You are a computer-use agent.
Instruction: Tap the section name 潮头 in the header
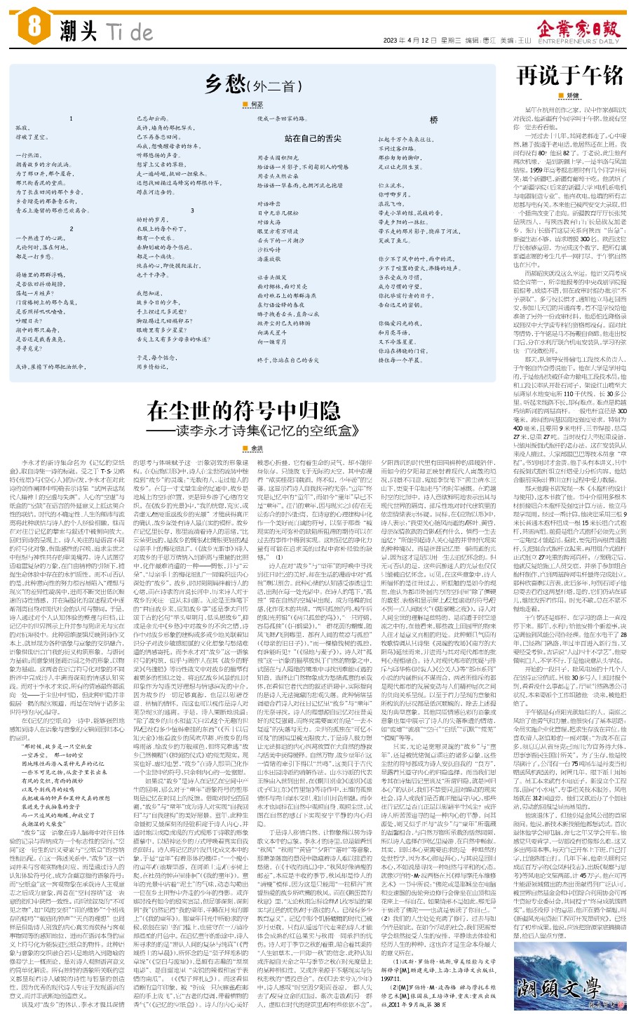tap(78, 31)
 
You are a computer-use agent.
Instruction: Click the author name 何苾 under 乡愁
tap(256, 104)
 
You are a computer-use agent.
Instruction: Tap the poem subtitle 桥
tap(434, 120)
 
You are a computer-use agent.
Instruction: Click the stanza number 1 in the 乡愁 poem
tap(71, 119)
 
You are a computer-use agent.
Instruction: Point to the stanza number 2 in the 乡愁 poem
tap(71, 229)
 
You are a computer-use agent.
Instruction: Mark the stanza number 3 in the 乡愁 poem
tap(192, 210)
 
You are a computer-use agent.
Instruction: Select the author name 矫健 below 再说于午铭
tap(573, 95)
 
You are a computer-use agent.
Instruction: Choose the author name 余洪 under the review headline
tap(257, 448)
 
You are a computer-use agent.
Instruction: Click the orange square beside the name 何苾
tap(245, 104)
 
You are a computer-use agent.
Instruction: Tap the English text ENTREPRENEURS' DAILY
tap(579, 41)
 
